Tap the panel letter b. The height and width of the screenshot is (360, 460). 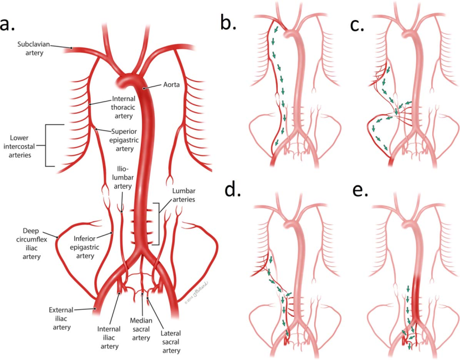(228, 21)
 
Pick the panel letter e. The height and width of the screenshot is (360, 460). (361, 190)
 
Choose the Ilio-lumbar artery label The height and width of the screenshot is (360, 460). (124, 177)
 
